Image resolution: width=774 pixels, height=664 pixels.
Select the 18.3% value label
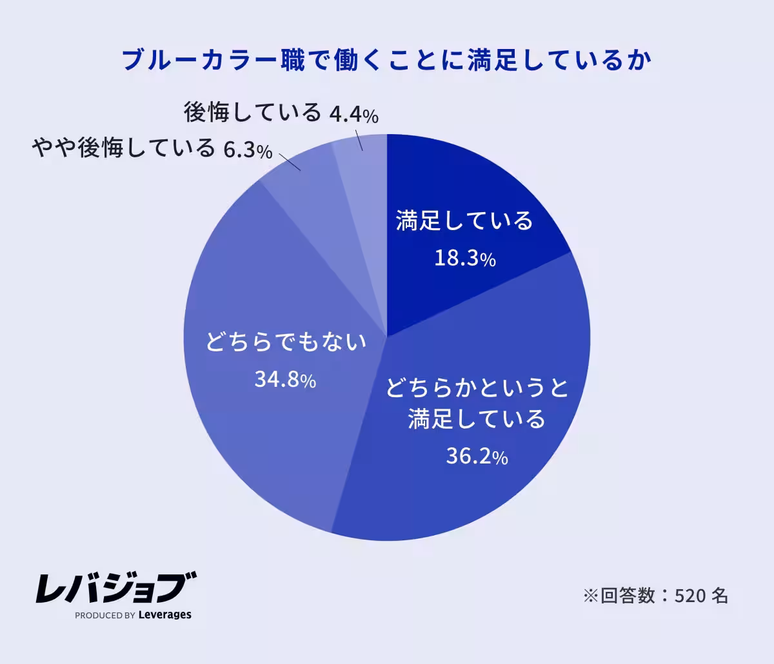(464, 259)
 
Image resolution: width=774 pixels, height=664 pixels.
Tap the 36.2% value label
(477, 457)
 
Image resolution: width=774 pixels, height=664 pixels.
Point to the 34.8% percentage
(284, 380)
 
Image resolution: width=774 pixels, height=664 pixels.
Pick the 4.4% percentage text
(353, 115)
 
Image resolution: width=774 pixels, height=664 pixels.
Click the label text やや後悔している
(123, 148)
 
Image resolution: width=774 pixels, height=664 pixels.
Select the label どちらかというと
(477, 389)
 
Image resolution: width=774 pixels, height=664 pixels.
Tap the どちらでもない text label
(286, 342)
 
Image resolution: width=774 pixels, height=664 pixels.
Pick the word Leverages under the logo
(165, 615)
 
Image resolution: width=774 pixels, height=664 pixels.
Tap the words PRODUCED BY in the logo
(104, 616)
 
